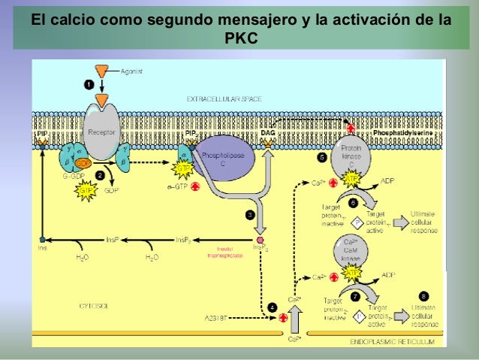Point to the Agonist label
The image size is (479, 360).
(x=132, y=71)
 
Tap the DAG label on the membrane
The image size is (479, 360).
(x=267, y=133)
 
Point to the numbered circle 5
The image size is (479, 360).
(x=321, y=158)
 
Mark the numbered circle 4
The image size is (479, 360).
(x=272, y=306)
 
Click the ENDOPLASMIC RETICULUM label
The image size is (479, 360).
(x=393, y=341)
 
